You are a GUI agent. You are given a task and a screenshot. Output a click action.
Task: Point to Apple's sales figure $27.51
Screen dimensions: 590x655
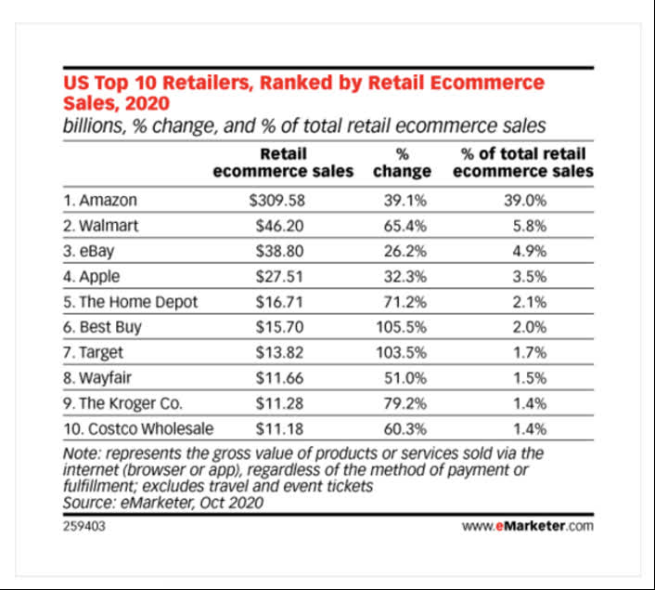[279, 276]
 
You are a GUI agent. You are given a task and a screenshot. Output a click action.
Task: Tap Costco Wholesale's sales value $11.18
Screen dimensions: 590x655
[278, 428]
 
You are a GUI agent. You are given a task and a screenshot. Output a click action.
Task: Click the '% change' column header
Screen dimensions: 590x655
[403, 163]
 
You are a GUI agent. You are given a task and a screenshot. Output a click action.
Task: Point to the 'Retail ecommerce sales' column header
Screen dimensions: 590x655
[283, 163]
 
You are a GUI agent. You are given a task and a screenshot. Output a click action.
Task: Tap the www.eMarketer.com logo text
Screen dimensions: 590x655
[527, 526]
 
